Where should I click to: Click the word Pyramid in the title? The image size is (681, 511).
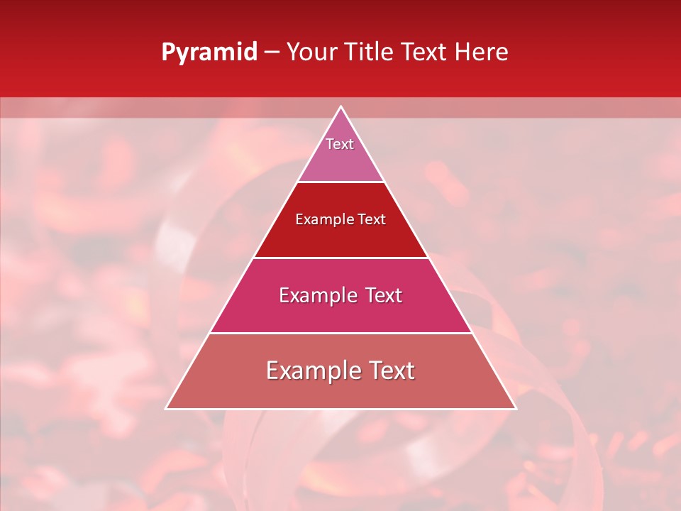[209, 53]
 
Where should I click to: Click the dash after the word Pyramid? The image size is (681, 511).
[271, 53]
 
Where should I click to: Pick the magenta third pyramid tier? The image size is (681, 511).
[340, 312]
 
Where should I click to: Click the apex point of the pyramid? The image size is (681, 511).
[340, 107]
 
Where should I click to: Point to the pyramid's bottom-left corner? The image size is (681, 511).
[166, 408]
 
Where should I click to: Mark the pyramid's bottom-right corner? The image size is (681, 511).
[516, 408]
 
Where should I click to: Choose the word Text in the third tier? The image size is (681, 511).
[382, 295]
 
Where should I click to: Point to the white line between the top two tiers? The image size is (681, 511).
[340, 182]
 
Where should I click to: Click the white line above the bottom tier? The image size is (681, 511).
[340, 333]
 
